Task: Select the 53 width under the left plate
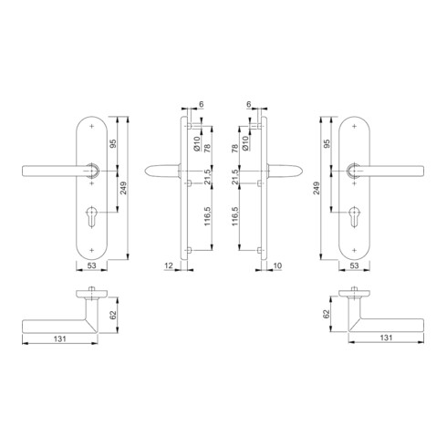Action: coord(91,266)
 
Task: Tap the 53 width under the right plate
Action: coord(355,266)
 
